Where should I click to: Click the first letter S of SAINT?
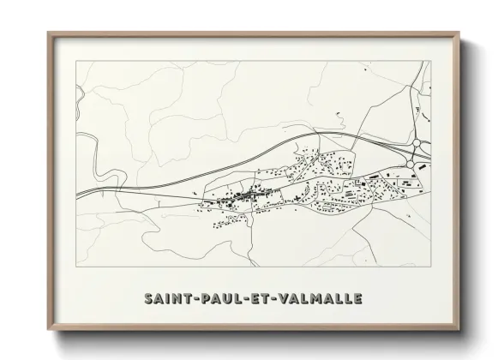point(150,298)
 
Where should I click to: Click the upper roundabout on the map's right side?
point(417,144)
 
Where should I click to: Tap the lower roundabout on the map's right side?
point(413,163)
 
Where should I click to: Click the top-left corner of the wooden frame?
point(48,33)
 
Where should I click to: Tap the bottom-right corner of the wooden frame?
point(459,329)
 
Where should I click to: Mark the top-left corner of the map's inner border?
point(76,61)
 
